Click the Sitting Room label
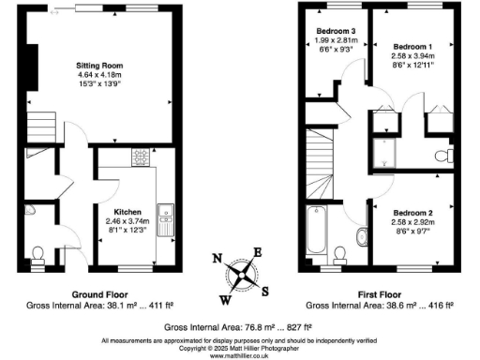(99, 65)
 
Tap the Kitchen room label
(127, 212)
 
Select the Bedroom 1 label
(412, 46)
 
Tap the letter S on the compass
(266, 289)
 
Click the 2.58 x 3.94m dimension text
(412, 56)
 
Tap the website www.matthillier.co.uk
(241, 354)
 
